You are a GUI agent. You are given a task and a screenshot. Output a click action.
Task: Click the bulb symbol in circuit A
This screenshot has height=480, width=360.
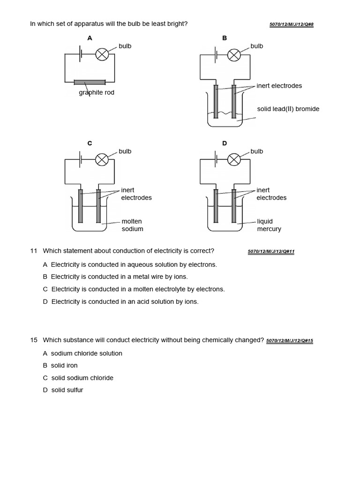(x=102, y=55)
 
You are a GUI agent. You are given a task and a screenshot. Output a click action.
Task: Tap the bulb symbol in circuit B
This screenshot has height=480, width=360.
(x=234, y=55)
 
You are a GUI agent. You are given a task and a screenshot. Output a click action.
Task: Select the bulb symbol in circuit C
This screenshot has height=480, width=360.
(x=102, y=160)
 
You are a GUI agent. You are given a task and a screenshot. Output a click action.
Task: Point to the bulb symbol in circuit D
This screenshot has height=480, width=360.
(x=234, y=160)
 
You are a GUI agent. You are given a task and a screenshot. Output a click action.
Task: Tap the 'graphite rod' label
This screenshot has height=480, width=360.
(x=97, y=93)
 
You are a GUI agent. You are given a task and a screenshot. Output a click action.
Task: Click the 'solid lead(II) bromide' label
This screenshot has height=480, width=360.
(x=288, y=109)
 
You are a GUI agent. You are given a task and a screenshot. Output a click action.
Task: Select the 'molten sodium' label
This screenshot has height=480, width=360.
(x=132, y=225)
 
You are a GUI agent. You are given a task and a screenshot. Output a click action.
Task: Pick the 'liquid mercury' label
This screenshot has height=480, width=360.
(x=269, y=225)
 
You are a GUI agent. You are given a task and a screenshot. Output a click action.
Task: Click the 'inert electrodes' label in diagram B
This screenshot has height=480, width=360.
(x=279, y=86)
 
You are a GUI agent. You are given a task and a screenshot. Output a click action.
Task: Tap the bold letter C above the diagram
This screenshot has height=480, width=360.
(x=90, y=143)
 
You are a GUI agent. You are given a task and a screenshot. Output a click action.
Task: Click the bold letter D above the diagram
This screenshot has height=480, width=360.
(x=225, y=143)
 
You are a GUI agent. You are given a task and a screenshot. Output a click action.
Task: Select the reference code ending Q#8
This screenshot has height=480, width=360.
(x=291, y=24)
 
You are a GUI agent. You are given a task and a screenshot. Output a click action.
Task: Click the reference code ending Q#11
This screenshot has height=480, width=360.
(x=271, y=252)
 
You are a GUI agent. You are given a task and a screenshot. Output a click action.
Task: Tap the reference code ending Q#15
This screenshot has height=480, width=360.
(x=289, y=341)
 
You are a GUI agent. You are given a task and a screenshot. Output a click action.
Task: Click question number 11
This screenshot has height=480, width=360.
(x=34, y=251)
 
